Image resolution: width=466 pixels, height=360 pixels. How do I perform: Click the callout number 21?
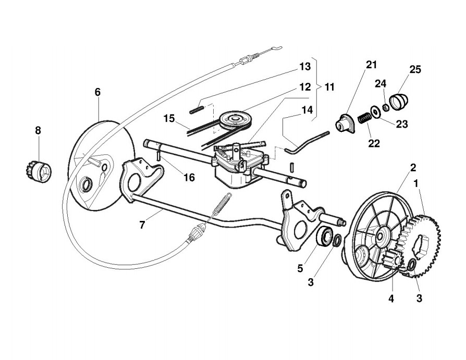tap(371, 65)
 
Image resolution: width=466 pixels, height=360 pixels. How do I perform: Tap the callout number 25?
tap(415, 69)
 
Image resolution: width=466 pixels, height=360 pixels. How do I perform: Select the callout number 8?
tap(38, 130)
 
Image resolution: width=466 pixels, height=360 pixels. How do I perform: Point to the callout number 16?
tap(189, 178)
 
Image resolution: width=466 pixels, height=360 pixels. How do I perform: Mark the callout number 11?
tap(329, 87)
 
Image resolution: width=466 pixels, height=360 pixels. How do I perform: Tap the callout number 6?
tap(97, 92)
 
